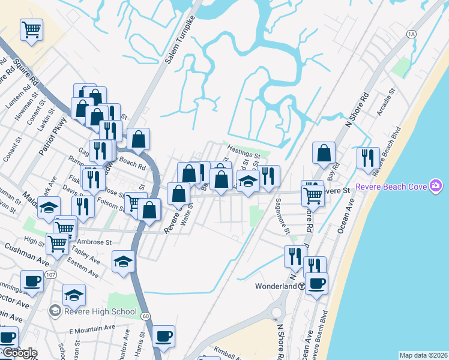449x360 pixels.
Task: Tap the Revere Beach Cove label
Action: [x=391, y=187]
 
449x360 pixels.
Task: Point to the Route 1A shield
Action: [x=411, y=34]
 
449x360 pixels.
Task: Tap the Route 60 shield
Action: [x=146, y=315]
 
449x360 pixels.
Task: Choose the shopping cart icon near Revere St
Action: [x=313, y=193]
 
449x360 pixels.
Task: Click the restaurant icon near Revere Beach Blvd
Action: [x=367, y=157]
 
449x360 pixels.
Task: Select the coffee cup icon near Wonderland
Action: [x=316, y=282]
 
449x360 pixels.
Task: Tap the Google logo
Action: [x=19, y=353]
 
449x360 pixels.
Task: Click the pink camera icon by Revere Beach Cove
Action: [x=436, y=187]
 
